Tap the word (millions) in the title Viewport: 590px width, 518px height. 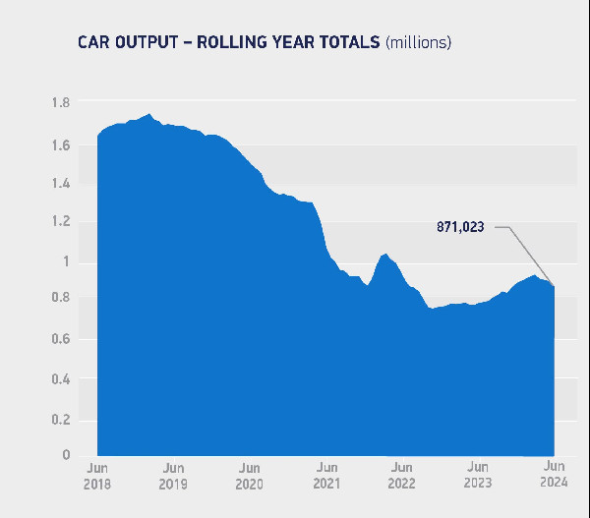[418, 42]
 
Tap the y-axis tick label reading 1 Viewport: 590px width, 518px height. [66, 261]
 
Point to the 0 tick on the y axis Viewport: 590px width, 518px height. [66, 455]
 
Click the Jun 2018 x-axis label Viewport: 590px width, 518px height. [97, 476]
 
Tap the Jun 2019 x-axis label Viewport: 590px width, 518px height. [172, 476]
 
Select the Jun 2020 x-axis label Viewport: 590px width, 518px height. [249, 476]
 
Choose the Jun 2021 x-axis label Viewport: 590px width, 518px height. [326, 476]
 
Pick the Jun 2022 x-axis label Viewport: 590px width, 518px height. [401, 476]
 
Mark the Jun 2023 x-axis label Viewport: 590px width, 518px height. [478, 476]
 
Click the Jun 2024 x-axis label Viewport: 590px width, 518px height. [555, 475]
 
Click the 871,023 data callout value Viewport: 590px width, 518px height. [460, 227]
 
